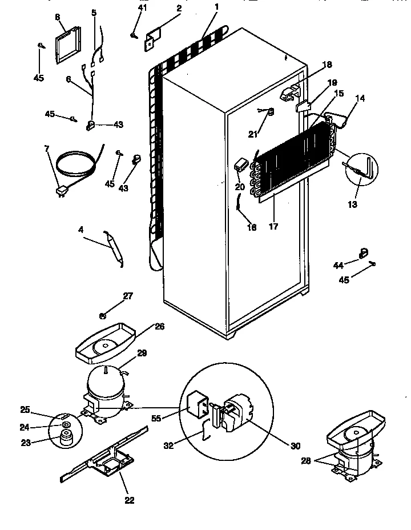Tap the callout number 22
[129, 500]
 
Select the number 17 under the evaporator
[273, 227]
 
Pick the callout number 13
[352, 204]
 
